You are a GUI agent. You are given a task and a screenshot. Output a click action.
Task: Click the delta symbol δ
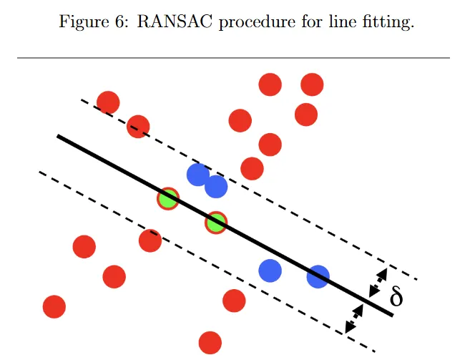tap(396, 297)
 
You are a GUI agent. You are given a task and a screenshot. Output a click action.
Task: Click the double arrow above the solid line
tap(377, 283)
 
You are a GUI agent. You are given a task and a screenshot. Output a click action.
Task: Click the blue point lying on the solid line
tap(318, 276)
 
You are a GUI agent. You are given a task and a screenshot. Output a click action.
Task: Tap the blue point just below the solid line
tap(270, 271)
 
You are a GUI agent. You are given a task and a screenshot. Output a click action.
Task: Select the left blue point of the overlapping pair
tap(197, 174)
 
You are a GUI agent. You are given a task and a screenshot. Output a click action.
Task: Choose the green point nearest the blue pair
tap(215, 223)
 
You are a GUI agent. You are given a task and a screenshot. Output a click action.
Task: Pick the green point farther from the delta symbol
tap(168, 198)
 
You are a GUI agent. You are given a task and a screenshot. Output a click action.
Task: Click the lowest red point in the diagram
tap(210, 342)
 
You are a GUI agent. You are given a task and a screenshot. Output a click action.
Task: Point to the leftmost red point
tap(54, 306)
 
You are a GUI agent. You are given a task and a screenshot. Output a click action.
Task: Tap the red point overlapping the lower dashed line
tap(150, 240)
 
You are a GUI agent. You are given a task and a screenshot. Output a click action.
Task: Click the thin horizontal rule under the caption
tap(232, 57)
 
